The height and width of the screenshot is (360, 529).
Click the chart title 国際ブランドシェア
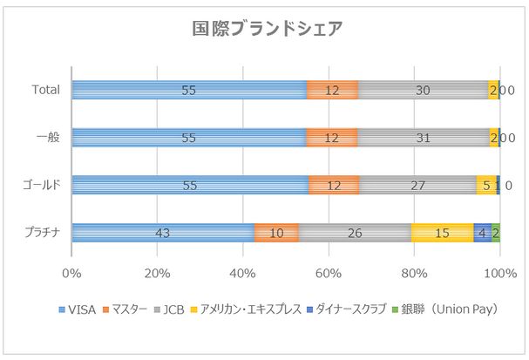[266, 28]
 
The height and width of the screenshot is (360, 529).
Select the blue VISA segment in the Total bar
[189, 90]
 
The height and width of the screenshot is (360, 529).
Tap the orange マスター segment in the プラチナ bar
[276, 233]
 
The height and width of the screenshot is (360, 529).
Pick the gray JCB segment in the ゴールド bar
[417, 185]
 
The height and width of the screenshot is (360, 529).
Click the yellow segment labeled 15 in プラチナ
[442, 233]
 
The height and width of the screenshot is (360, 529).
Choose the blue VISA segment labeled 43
[163, 233]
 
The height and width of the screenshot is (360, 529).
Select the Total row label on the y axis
[45, 90]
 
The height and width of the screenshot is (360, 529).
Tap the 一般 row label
[48, 138]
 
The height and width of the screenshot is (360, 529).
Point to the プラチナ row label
[41, 233]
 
